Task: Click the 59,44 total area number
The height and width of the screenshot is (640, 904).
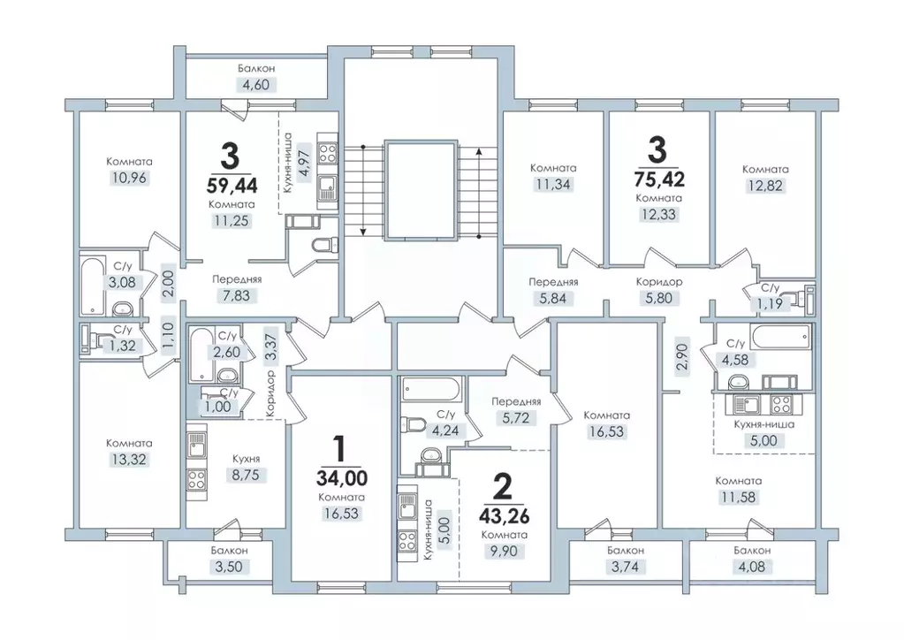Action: click(232, 185)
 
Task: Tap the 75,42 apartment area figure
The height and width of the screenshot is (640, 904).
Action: click(657, 179)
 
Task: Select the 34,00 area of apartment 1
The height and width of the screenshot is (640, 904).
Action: click(341, 478)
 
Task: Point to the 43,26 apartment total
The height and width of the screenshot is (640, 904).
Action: click(504, 514)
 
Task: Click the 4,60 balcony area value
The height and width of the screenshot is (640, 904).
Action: click(256, 85)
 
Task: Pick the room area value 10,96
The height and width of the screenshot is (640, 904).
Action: click(129, 179)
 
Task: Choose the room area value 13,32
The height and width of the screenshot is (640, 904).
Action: click(129, 460)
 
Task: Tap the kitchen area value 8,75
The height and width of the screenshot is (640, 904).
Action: click(247, 475)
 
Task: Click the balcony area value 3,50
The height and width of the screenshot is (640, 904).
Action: click(229, 567)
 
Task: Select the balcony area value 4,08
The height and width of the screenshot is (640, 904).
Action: click(752, 567)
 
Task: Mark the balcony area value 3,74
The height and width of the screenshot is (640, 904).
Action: click(625, 567)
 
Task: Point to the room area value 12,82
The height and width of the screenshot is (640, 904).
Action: click(765, 186)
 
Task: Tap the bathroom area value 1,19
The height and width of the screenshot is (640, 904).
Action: click(770, 304)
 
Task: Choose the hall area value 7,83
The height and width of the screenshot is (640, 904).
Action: click(236, 296)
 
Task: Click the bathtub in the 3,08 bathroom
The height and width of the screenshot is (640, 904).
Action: click(92, 286)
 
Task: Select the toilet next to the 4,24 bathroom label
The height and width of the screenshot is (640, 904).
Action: click(411, 426)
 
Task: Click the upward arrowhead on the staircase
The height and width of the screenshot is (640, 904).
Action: click(479, 152)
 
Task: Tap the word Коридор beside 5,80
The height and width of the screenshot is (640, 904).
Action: click(659, 282)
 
